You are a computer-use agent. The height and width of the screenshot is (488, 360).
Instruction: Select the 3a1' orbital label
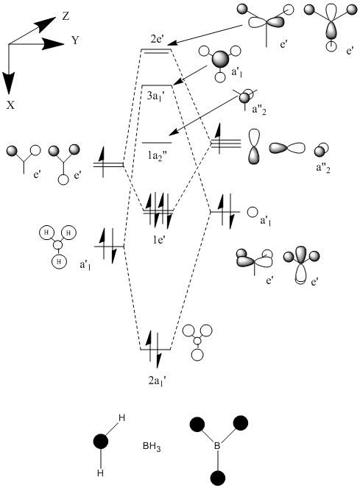(x=158, y=96)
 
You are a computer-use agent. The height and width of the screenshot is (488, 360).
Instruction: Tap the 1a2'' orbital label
(x=158, y=154)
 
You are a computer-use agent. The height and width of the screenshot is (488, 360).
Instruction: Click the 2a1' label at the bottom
(x=158, y=381)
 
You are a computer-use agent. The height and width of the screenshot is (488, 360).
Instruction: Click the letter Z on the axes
(x=66, y=16)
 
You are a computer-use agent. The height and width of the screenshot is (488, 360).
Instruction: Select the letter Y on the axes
(x=75, y=40)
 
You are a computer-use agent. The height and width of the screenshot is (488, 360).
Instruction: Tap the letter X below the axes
(x=10, y=105)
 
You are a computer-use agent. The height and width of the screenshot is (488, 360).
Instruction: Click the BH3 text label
(x=152, y=447)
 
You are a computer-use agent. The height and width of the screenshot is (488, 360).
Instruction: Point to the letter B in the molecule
(x=217, y=445)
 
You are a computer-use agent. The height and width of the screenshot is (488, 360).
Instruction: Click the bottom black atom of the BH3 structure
(x=217, y=478)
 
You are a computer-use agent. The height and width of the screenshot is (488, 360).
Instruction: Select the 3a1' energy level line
(x=157, y=85)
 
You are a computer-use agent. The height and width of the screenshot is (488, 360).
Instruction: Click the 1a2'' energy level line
(x=157, y=143)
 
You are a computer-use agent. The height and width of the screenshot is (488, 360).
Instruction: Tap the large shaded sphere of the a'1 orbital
(x=220, y=59)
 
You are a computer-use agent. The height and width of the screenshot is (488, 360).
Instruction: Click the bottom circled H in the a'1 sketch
(x=59, y=261)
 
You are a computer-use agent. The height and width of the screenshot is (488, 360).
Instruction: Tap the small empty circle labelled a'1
(x=253, y=212)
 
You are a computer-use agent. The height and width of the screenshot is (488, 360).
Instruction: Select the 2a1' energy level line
(x=155, y=350)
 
